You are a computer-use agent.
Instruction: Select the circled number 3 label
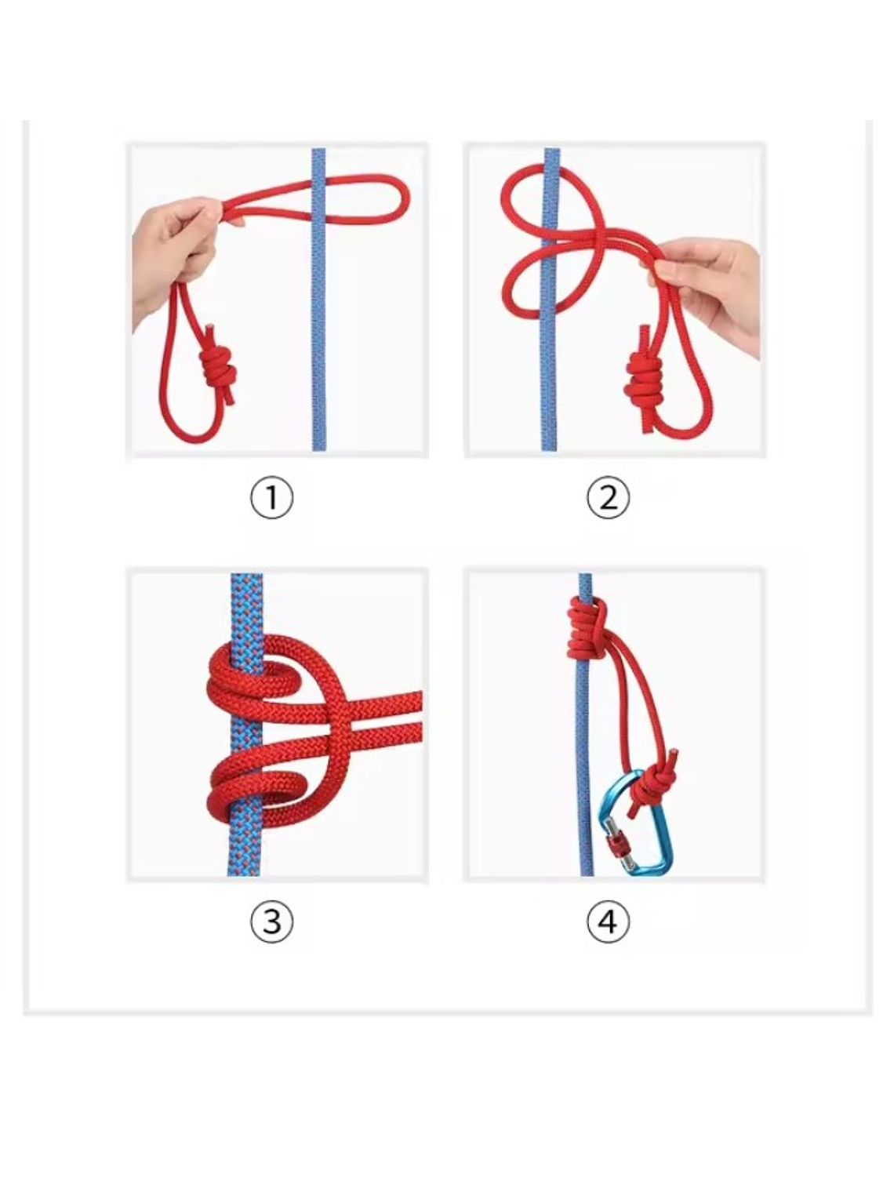coord(271,921)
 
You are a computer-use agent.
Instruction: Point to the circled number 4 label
coord(608,921)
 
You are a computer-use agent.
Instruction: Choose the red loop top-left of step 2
coord(517,188)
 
